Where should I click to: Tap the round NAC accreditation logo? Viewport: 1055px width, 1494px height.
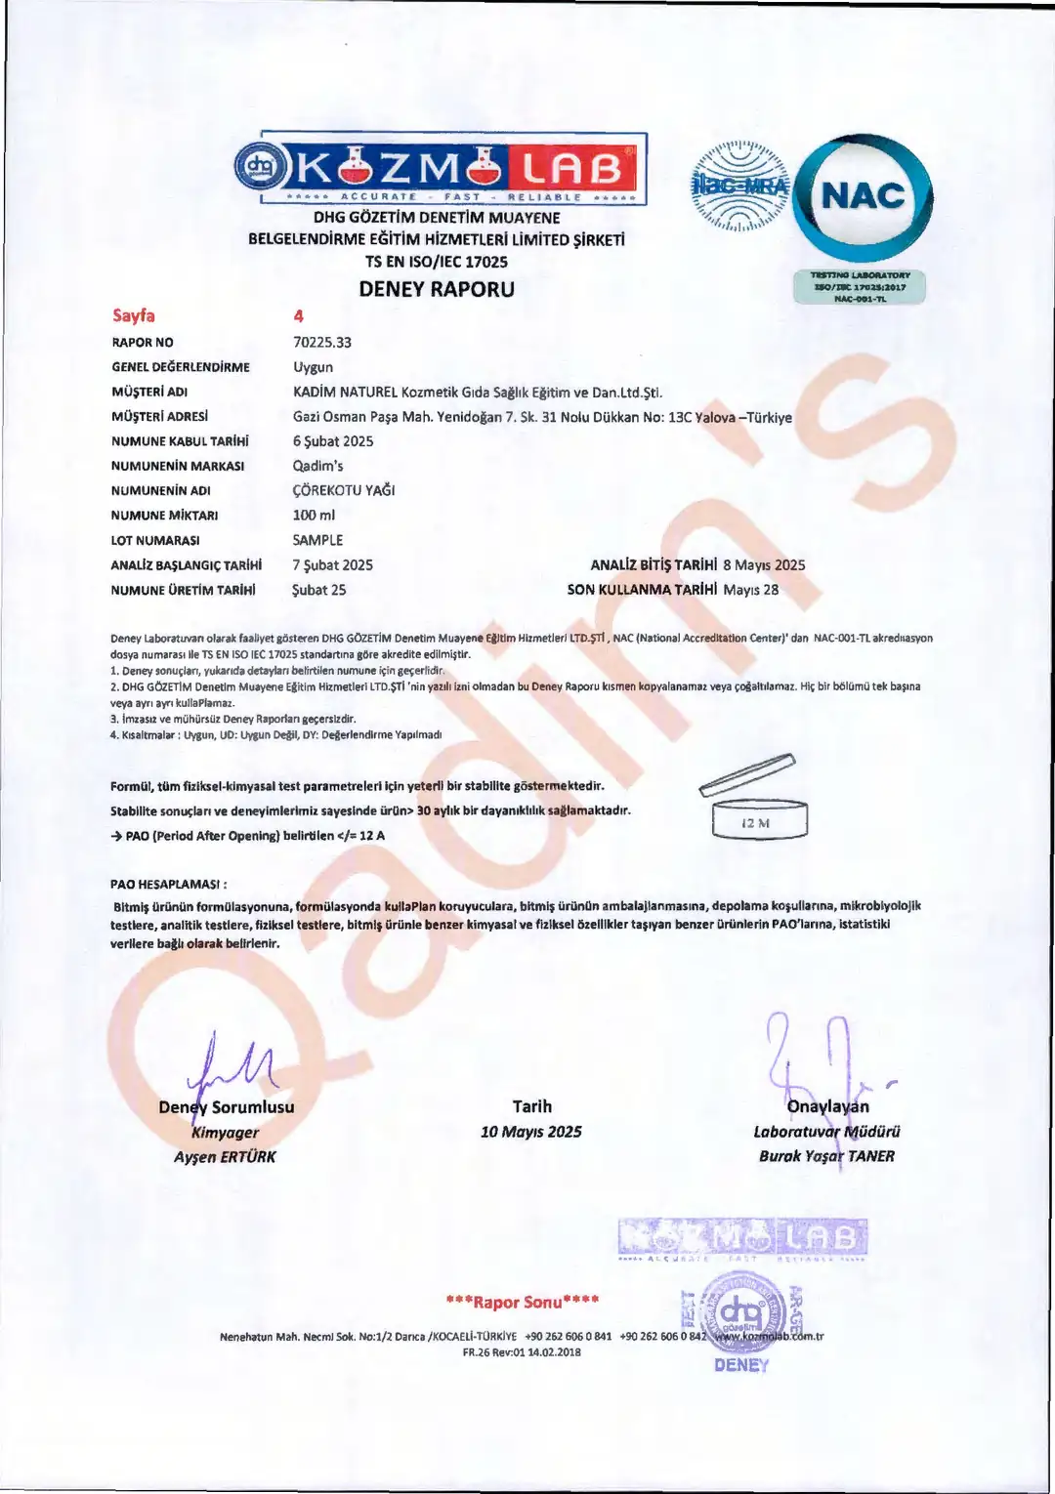coord(863,196)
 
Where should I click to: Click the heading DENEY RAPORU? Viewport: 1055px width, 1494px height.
coord(437,289)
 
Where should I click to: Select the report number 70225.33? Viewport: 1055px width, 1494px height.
coord(322,343)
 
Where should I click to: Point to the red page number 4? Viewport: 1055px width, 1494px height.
coord(299,316)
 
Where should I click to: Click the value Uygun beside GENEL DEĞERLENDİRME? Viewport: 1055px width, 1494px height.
coord(314,367)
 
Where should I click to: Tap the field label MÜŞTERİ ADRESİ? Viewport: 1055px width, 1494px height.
coord(159,417)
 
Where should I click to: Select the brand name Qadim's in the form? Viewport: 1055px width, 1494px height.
coord(318,466)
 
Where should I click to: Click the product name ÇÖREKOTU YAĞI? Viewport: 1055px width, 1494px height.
coord(344,490)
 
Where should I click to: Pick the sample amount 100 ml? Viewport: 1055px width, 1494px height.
coord(314,515)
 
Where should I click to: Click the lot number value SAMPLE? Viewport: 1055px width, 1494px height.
coord(318,540)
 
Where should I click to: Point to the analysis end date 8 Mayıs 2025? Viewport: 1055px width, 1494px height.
coord(764,565)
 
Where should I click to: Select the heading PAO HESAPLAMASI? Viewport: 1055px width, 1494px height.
coord(169,885)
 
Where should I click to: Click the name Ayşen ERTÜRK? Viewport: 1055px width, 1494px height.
coord(225,1157)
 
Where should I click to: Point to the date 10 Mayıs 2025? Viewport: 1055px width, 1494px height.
coord(531,1132)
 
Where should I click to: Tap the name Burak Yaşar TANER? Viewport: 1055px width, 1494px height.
coord(826,1156)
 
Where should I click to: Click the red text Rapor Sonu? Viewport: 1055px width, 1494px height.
coord(523,1302)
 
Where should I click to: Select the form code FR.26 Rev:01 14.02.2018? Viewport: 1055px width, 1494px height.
coord(522,1352)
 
